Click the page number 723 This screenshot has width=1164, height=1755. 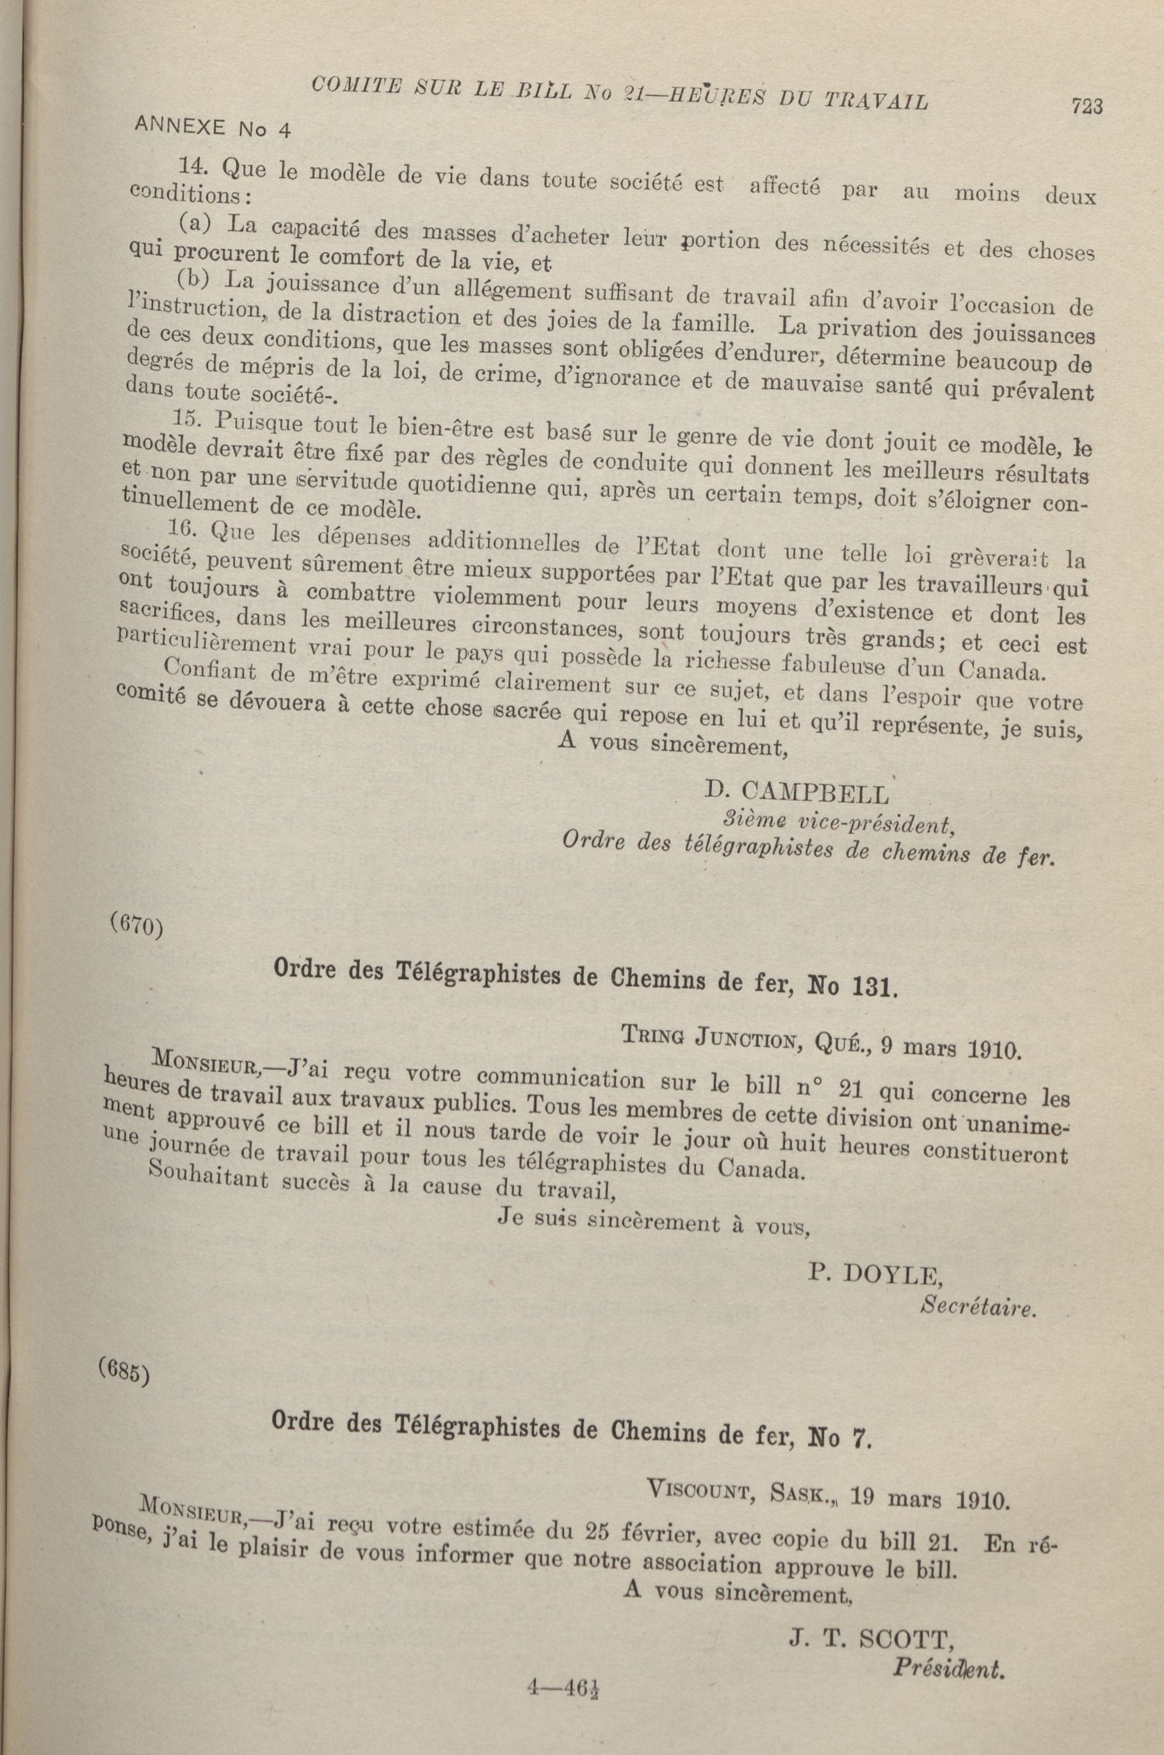click(1087, 107)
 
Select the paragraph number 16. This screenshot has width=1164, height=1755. click(181, 529)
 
